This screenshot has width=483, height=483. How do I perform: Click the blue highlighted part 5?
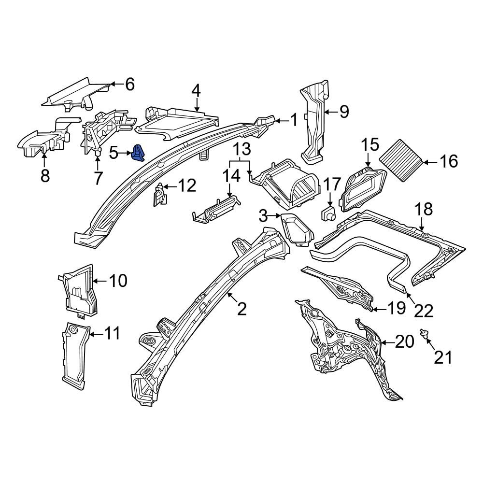(139, 153)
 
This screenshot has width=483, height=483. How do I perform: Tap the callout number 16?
(449, 161)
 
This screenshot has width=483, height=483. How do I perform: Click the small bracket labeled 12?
(159, 196)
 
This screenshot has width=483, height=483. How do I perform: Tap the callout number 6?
(129, 85)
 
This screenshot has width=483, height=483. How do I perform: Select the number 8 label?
(45, 176)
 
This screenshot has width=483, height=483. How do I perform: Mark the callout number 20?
(405, 342)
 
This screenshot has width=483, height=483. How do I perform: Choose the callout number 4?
(196, 90)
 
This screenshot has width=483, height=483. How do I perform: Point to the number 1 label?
(294, 120)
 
